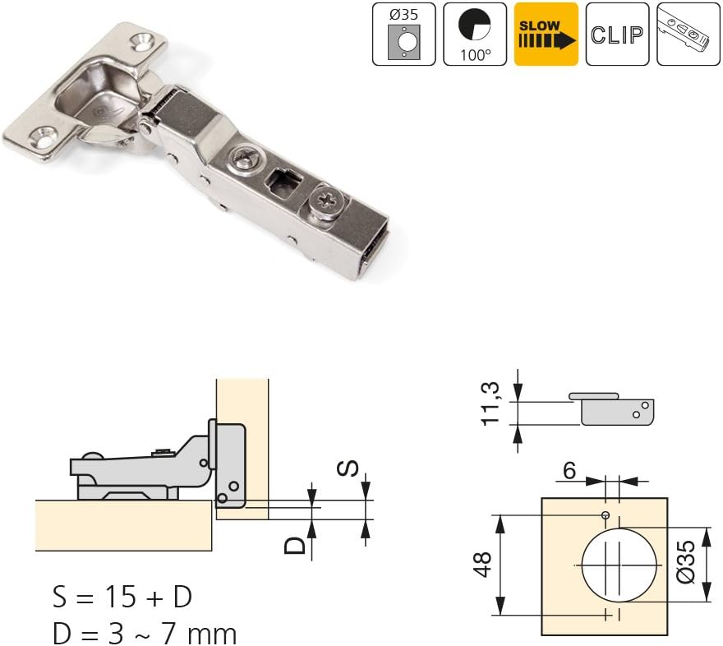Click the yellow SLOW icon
click(546, 35)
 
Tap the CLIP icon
click(617, 35)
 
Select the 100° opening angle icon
click(475, 35)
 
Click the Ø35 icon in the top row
click(404, 35)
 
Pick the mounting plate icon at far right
click(688, 35)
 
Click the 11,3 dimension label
click(490, 404)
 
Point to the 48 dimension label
click(482, 565)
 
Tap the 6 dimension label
click(569, 470)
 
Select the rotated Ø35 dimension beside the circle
click(686, 562)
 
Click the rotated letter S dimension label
click(348, 468)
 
